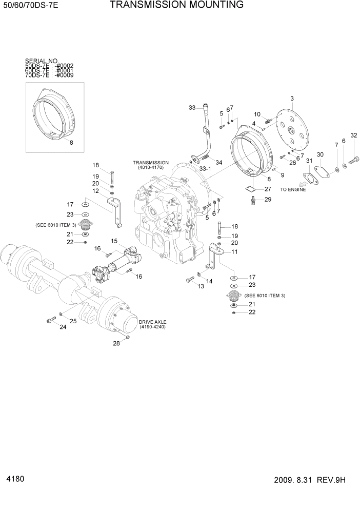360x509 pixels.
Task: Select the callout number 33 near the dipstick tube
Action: coord(192,108)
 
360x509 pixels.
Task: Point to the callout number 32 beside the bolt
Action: coord(353,135)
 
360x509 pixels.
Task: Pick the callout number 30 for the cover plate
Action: coord(320,154)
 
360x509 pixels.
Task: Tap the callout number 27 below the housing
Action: coord(267,189)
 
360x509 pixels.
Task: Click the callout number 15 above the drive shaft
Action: coord(114,241)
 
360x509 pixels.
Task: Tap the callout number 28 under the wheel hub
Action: coord(116,344)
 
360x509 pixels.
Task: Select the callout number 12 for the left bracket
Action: coord(95,191)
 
